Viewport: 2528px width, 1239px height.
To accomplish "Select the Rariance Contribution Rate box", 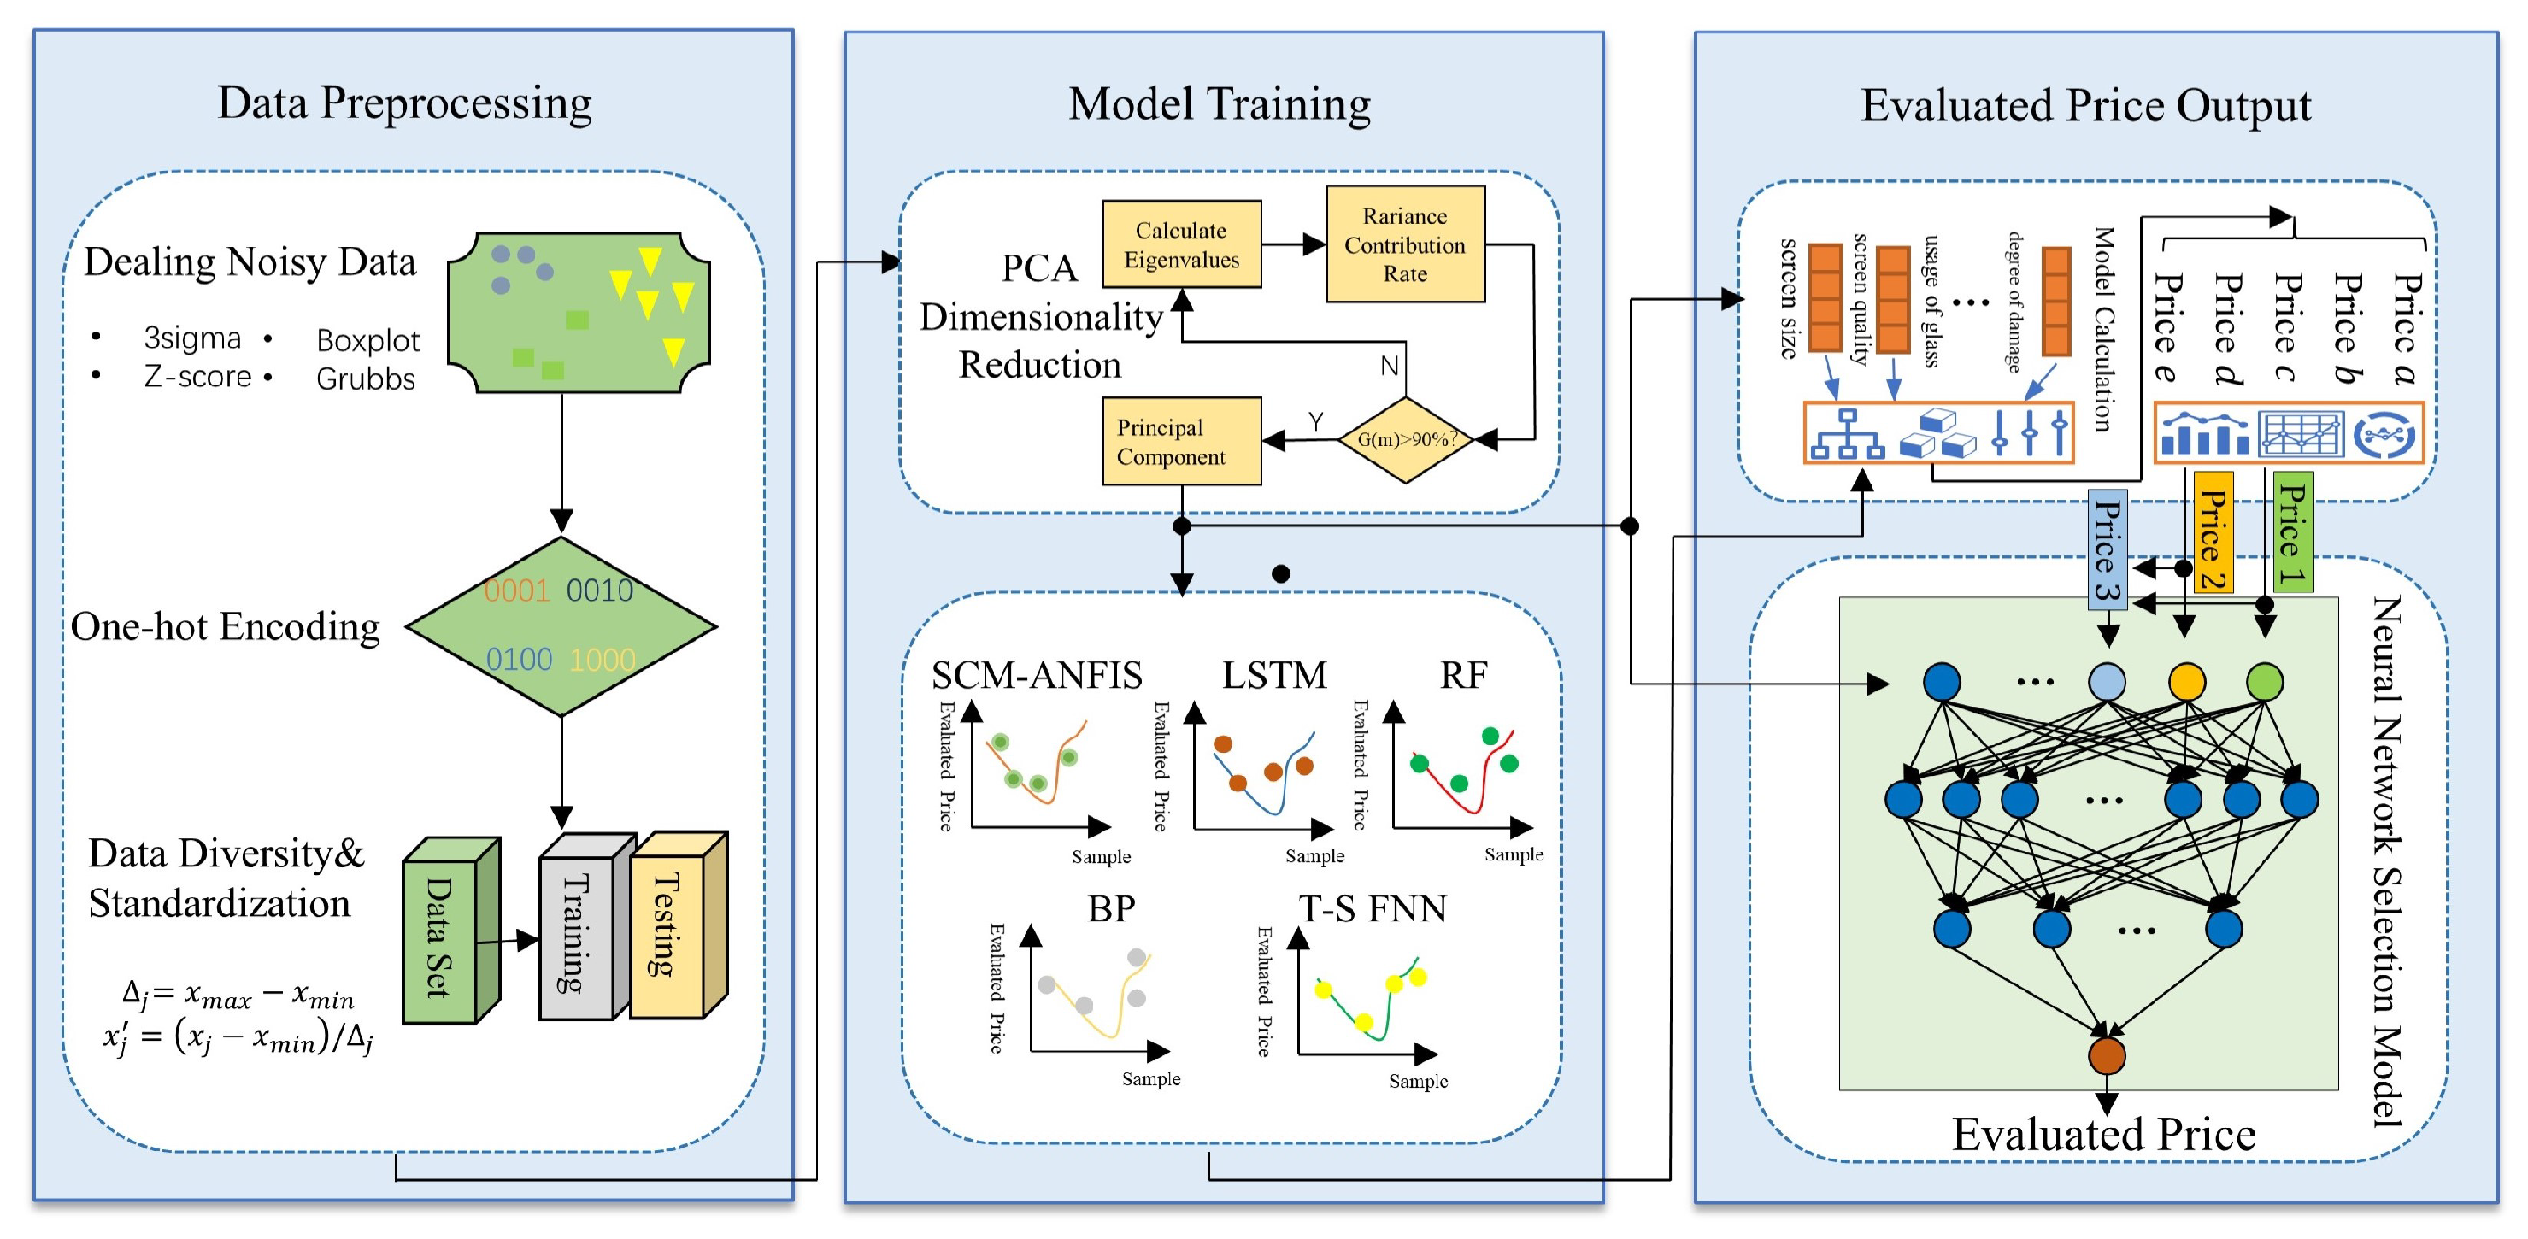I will point(1404,244).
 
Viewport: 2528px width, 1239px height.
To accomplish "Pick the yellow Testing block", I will point(667,927).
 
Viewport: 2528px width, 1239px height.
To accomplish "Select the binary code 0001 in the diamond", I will point(516,590).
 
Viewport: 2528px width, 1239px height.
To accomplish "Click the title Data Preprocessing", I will point(404,103).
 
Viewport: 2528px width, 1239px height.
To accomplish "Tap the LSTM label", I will point(1273,675).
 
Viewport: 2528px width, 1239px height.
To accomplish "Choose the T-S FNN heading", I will point(1372,908).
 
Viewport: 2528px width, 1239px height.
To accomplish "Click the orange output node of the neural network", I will point(2107,1055).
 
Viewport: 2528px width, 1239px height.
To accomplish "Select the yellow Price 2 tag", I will point(2213,532).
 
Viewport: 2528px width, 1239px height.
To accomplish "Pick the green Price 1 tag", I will point(2292,532).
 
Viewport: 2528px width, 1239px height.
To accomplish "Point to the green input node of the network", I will point(2264,682).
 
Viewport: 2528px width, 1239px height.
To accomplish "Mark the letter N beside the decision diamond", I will point(1389,366).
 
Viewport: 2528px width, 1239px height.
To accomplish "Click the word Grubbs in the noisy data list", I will point(365,379).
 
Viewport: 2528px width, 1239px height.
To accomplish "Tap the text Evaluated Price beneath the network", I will point(2103,1134).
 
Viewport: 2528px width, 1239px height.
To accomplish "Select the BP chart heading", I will point(1111,908).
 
